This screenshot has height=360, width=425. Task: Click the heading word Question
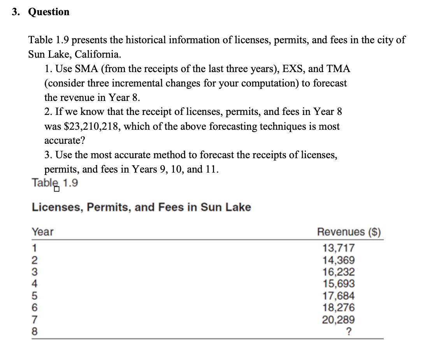[x=49, y=12]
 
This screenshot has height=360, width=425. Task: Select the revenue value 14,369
[x=339, y=259]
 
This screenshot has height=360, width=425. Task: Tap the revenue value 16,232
[x=339, y=272]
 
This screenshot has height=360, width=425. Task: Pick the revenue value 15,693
[x=339, y=284]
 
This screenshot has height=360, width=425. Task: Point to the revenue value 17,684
[x=339, y=296]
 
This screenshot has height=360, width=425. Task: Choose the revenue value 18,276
[x=339, y=308]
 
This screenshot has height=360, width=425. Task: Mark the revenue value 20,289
[x=339, y=320]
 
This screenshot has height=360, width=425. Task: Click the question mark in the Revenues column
[x=349, y=332]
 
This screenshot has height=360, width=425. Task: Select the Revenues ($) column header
[x=349, y=232]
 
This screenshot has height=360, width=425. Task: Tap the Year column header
[x=42, y=232]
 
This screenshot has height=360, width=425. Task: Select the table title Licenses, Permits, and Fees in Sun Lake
[x=141, y=207]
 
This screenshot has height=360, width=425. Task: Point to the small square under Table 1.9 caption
[x=57, y=190]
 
